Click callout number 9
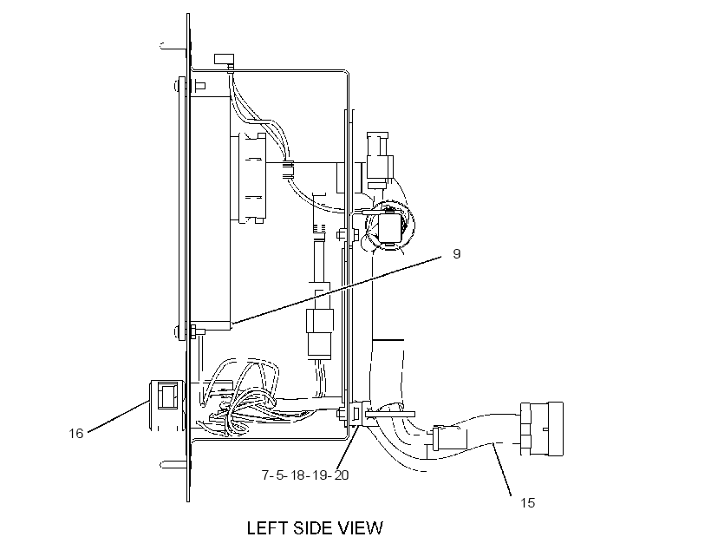(457, 253)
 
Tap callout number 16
(76, 434)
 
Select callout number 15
(527, 503)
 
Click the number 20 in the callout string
(342, 475)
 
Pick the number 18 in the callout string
(297, 475)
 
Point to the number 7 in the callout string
(265, 475)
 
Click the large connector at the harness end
(542, 429)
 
